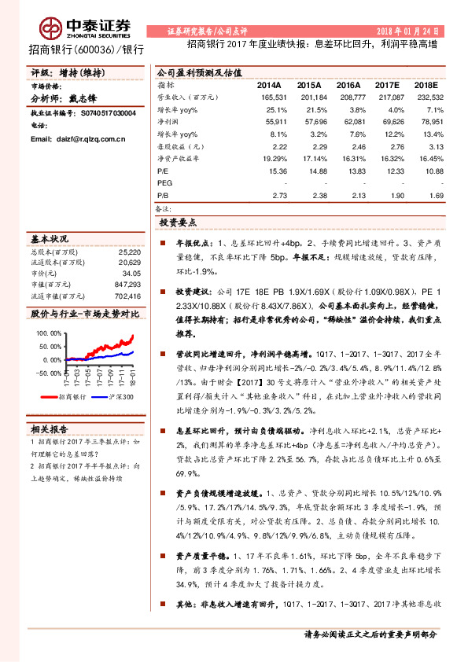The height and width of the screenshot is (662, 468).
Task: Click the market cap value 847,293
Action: pyautogui.click(x=127, y=285)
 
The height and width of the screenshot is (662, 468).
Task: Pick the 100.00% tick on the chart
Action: pyautogui.click(x=48, y=333)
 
